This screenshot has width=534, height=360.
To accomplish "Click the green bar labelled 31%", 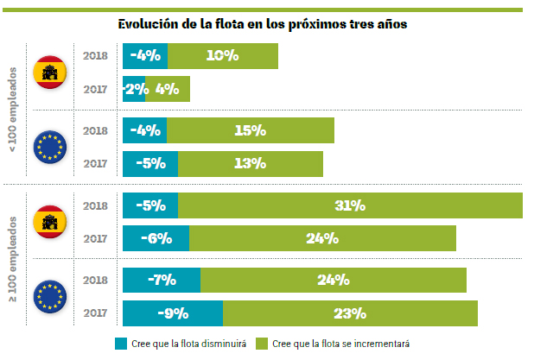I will tap(350, 205).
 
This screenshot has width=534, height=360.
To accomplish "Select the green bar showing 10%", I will tap(223, 56).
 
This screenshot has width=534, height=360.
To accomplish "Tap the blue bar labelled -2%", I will tap(134, 89).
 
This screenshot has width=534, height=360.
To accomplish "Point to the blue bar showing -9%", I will tap(173, 313).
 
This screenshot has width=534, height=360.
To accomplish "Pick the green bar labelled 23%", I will tap(350, 313).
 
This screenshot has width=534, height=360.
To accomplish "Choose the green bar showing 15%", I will tap(251, 130).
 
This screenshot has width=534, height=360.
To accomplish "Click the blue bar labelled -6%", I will tap(156, 238).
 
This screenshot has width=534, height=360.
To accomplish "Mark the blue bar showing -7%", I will tap(162, 280).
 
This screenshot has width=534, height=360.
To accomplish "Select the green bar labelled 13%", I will tap(251, 163).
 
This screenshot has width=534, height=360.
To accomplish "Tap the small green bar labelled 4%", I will tap(168, 89).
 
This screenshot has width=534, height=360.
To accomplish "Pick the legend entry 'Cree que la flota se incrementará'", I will tap(334, 344).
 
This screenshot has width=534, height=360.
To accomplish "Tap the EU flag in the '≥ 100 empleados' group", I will tap(49, 296).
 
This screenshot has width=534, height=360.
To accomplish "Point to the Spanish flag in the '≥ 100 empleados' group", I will tap(49, 223).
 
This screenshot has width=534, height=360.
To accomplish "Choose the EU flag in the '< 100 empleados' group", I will tap(49, 147).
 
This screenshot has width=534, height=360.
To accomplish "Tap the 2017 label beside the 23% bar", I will tap(95, 313).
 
